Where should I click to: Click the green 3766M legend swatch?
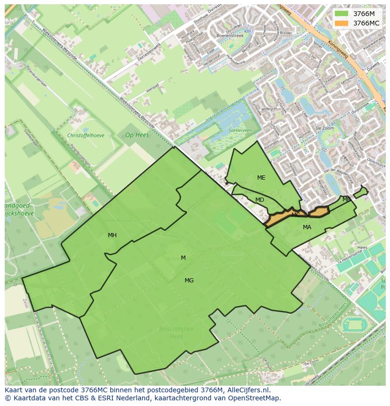pos(341,14)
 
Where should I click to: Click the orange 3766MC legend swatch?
pos(341,23)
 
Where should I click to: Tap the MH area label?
pos(112,235)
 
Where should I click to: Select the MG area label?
pos(189,281)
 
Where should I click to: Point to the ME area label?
pos(261,178)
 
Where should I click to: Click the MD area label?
pos(260,200)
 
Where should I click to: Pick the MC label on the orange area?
pos(296,215)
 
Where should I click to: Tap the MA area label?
pos(307,227)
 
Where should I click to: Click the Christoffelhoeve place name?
pos(86,135)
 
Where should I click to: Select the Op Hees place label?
pos(137,135)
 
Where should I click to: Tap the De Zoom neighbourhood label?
pos(325,128)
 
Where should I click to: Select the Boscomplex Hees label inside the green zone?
pos(176,332)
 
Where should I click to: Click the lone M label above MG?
pos(183,258)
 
